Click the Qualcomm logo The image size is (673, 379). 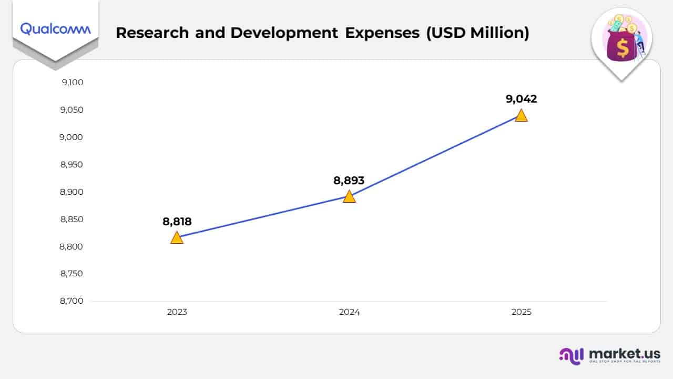55,29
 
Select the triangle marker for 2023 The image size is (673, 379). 177,238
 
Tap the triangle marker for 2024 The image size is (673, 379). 349,197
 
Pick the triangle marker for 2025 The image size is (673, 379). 521,116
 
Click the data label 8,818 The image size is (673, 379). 177,222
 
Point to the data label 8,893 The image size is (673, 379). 349,181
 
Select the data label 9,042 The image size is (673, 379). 521,99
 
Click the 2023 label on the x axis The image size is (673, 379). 177,312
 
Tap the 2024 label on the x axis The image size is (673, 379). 349,312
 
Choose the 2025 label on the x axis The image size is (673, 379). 521,312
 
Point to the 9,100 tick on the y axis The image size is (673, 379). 72,83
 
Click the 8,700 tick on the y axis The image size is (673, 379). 72,301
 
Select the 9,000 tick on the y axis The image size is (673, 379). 72,137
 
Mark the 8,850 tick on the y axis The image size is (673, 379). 72,220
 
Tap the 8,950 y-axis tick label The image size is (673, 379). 72,165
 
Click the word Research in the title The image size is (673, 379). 152,33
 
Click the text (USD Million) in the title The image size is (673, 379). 477,33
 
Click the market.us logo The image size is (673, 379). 610,355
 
